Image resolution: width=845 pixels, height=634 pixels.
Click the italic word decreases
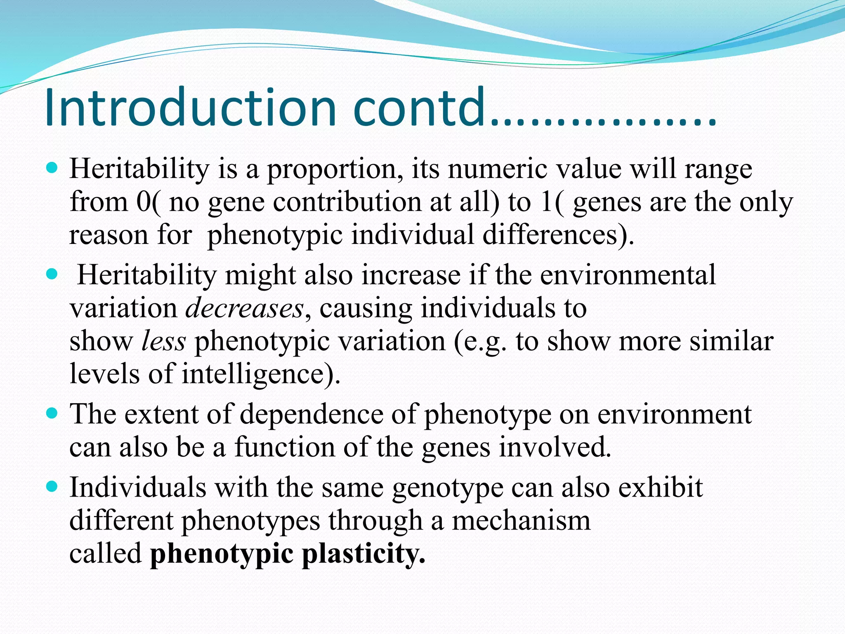[x=245, y=308]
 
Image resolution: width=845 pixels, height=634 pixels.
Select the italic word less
[x=163, y=341]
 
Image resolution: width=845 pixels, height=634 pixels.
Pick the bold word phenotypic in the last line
[x=222, y=554]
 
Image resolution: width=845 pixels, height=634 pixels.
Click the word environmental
[x=628, y=275]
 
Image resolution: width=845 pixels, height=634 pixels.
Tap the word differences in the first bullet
[x=557, y=235]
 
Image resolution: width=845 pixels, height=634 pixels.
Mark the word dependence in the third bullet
[x=311, y=414]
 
